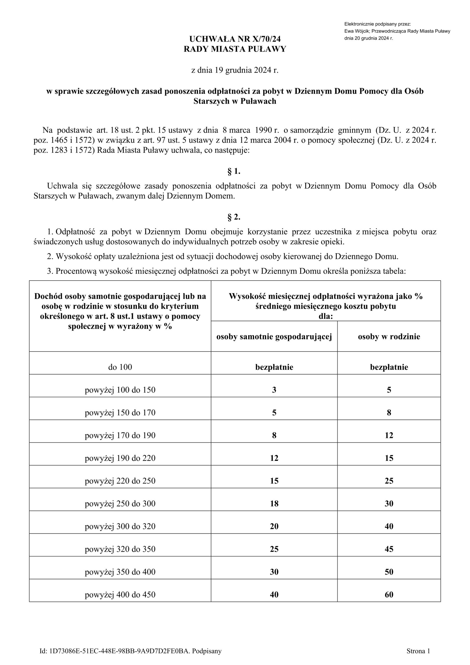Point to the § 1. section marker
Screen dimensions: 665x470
pos(234,171)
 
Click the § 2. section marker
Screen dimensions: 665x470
pos(234,217)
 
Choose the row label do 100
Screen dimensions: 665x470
pos(120,367)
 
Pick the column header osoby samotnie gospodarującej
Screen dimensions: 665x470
pos(274,337)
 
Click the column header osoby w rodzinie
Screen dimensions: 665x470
pos(389,337)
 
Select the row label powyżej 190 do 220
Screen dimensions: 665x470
pos(120,458)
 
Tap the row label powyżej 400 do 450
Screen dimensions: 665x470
pos(120,595)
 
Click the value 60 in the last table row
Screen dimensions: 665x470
pos(389,595)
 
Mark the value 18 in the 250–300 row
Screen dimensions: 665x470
pos(274,504)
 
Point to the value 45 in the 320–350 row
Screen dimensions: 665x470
pos(389,549)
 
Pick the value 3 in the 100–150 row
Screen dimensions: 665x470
pos(274,390)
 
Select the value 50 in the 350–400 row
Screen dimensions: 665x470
pos(389,572)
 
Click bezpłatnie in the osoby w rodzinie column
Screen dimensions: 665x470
pos(389,367)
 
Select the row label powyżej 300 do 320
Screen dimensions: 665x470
pos(120,527)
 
